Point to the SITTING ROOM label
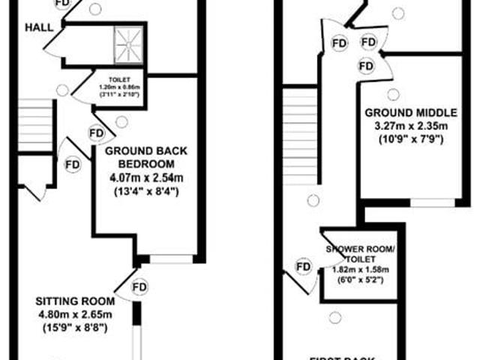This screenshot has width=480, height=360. tap(74, 301)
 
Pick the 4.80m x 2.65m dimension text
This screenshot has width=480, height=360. tap(74, 314)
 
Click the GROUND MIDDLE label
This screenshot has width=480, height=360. tap(406, 112)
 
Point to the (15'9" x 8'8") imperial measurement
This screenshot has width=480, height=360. tap(74, 327)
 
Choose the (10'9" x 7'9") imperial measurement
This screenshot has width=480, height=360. tap(406, 139)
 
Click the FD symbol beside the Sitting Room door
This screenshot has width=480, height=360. tap(139, 286)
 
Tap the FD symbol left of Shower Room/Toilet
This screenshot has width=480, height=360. tap(304, 267)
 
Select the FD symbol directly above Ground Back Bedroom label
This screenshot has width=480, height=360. tap(96, 133)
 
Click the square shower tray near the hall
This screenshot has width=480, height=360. tap(129, 45)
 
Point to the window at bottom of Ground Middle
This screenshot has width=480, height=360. tap(432, 202)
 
